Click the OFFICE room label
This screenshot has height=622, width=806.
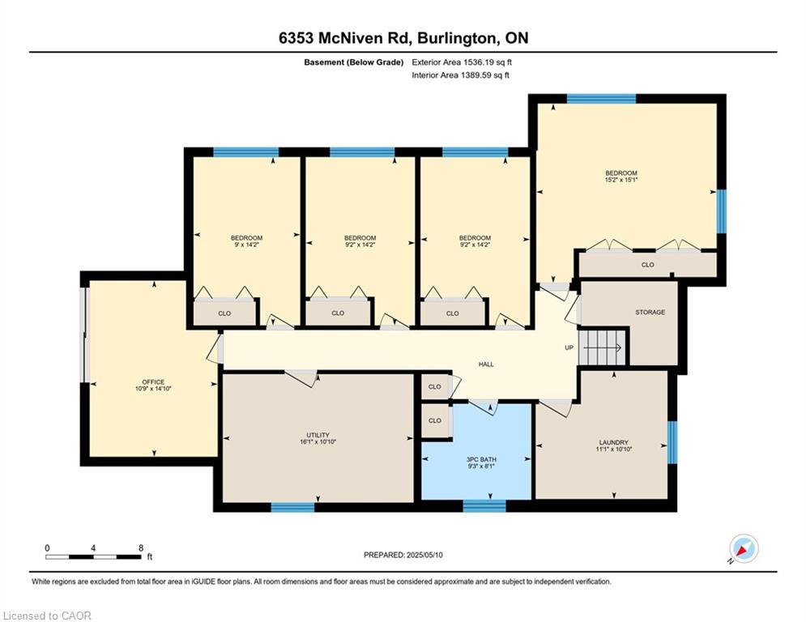(153, 386)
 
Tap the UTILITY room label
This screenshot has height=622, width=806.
(318, 439)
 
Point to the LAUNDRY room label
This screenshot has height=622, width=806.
(613, 445)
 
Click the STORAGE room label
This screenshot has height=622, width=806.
(650, 312)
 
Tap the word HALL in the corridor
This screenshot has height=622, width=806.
(486, 364)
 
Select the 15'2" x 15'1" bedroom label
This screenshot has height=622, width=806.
(621, 177)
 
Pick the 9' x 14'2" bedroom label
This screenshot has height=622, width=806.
(246, 241)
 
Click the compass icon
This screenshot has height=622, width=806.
(743, 548)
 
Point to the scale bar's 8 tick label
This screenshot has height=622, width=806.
(140, 547)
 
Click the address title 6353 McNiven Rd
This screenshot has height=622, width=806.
(403, 38)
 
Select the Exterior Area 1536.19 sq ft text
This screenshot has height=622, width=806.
(462, 62)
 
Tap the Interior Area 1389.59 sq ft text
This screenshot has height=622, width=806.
(460, 75)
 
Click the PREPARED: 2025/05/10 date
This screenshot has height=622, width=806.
(404, 555)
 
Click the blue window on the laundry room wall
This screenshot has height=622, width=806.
(672, 442)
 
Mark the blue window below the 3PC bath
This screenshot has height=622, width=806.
(484, 506)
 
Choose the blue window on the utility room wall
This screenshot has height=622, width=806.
(292, 507)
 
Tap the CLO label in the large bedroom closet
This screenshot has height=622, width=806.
(647, 265)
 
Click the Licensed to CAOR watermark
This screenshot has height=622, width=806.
(47, 616)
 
